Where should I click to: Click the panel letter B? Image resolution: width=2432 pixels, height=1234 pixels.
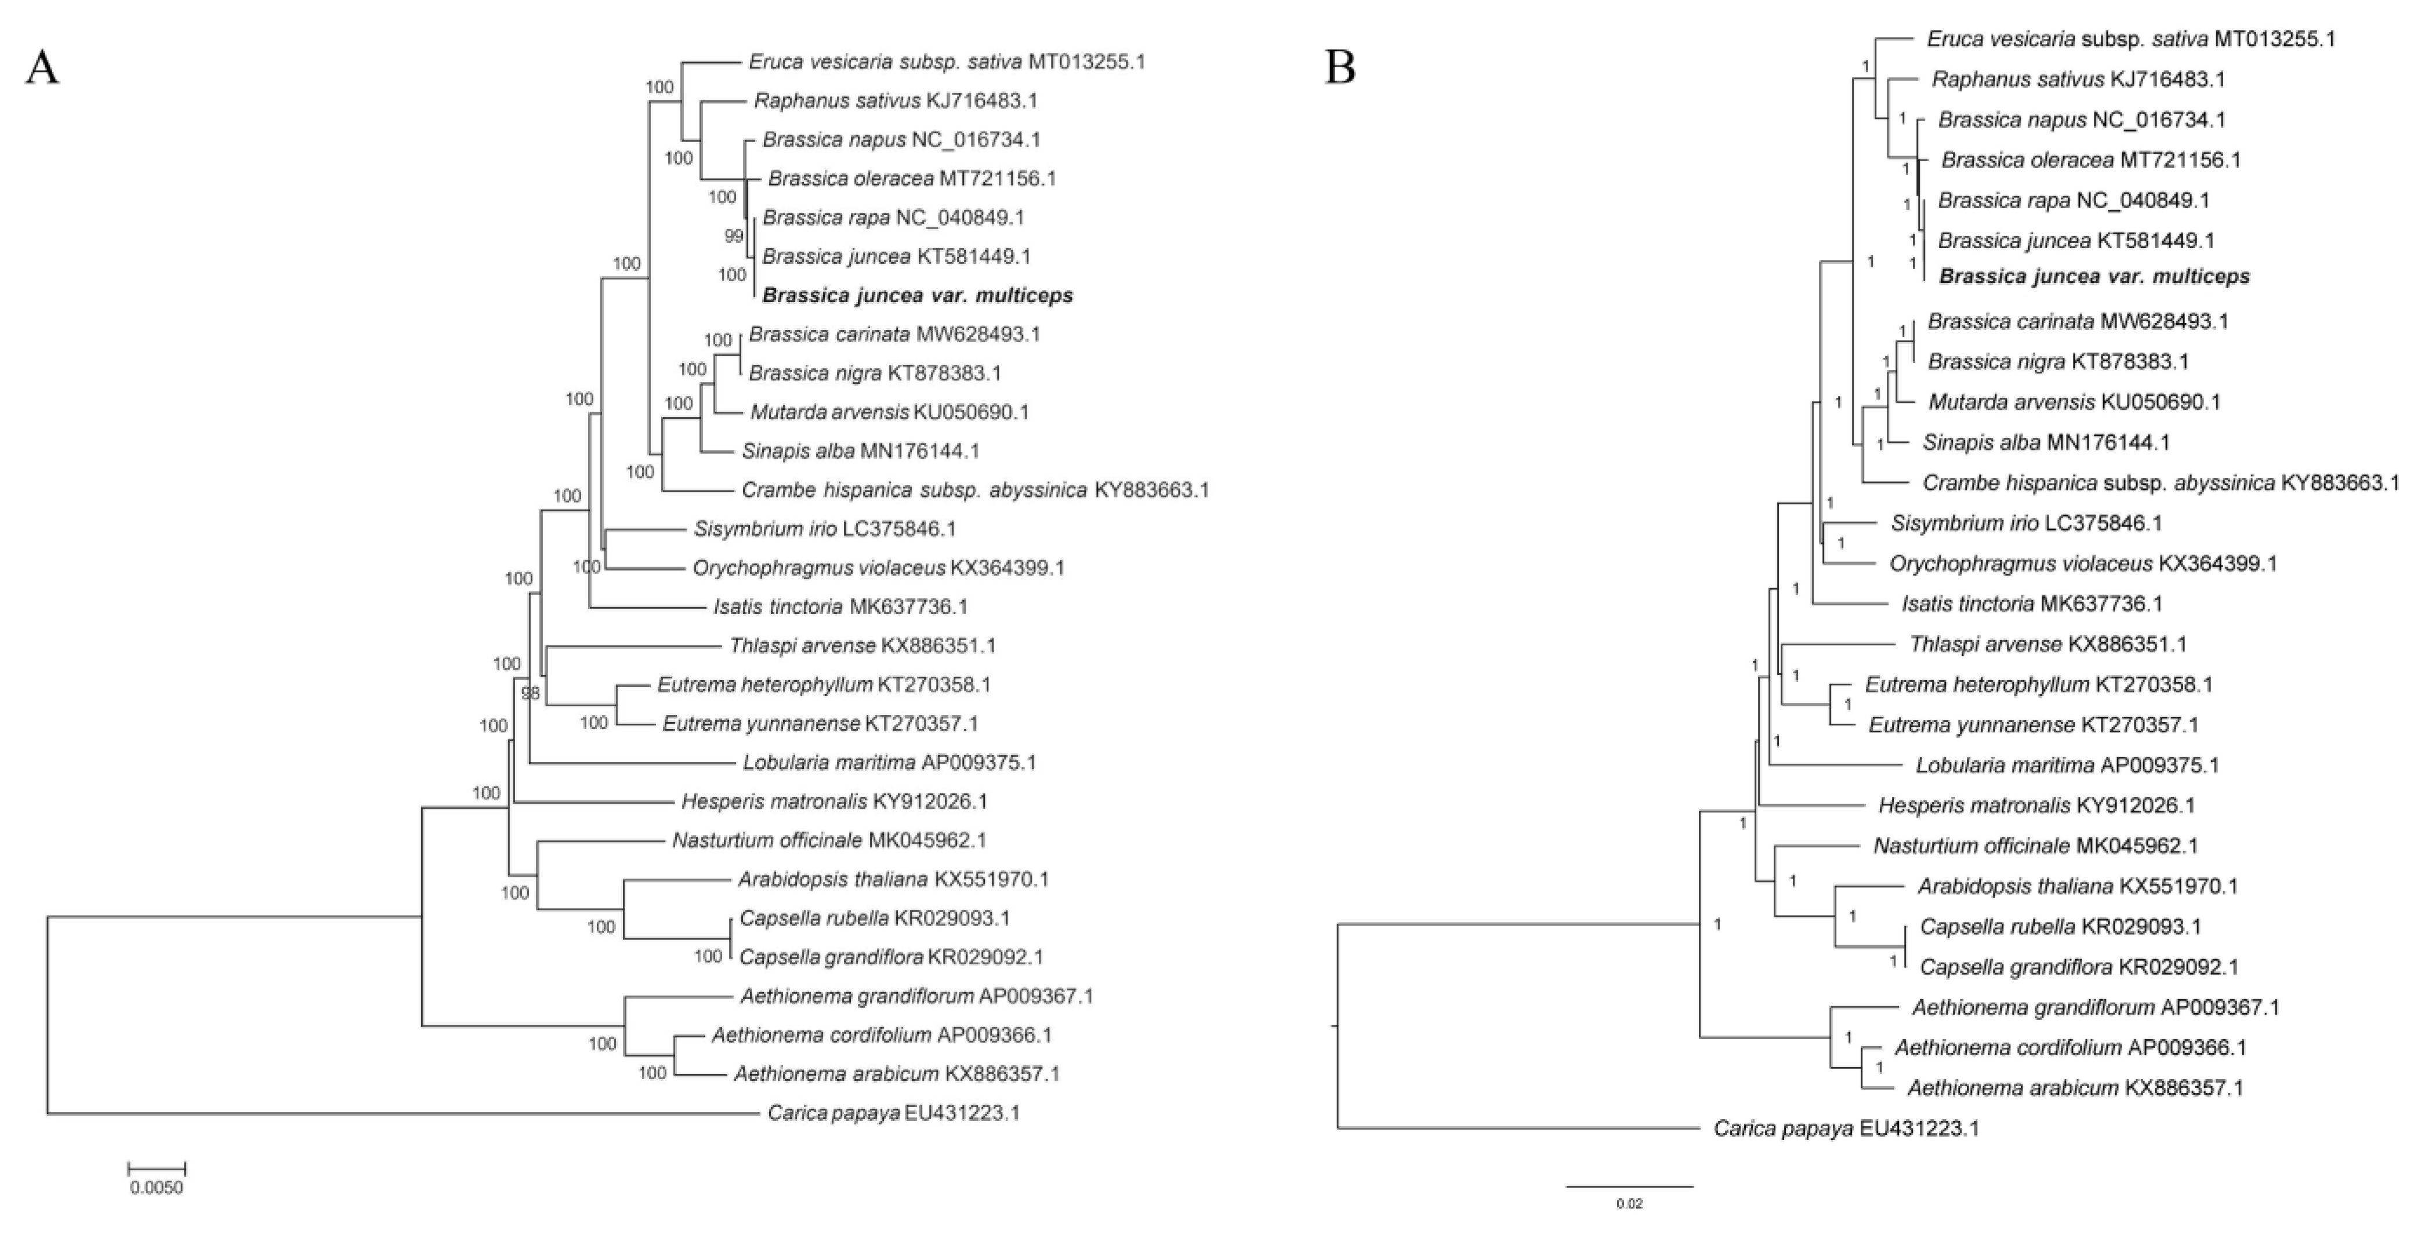(1340, 67)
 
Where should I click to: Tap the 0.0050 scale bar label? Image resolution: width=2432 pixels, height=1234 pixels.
(156, 1188)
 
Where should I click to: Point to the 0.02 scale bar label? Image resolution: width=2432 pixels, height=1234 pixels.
(1629, 1204)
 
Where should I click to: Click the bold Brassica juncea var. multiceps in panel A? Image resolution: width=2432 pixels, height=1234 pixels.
(918, 296)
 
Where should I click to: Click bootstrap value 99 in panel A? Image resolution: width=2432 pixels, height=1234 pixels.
(734, 236)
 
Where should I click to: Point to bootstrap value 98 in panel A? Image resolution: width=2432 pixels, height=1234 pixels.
(531, 693)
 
